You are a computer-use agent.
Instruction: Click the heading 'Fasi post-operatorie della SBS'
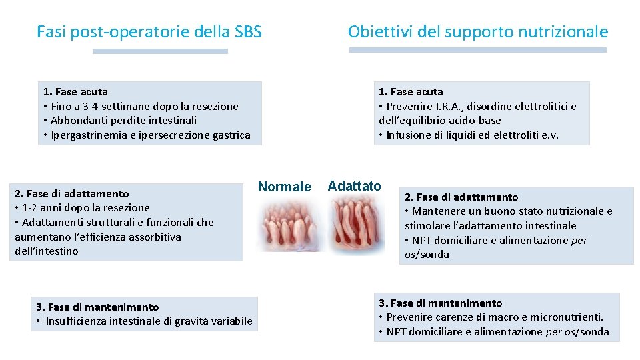pyautogui.click(x=149, y=31)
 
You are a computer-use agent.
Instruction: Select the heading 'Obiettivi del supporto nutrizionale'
pyautogui.click(x=477, y=31)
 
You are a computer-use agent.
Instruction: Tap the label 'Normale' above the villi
pyautogui.click(x=284, y=187)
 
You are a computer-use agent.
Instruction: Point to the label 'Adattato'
pyautogui.click(x=355, y=186)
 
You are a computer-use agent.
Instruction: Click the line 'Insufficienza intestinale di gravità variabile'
pyautogui.click(x=149, y=321)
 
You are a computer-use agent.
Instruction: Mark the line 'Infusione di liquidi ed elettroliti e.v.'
pyautogui.click(x=472, y=135)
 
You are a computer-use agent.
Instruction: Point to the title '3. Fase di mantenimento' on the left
pyautogui.click(x=97, y=307)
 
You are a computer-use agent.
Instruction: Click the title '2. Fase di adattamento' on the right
pyautogui.click(x=461, y=197)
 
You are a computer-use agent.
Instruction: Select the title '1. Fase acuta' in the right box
pyautogui.click(x=411, y=91)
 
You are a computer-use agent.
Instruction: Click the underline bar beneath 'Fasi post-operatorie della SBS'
pyautogui.click(x=160, y=51)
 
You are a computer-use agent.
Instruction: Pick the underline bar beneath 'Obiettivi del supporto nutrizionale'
pyautogui.click(x=477, y=50)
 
